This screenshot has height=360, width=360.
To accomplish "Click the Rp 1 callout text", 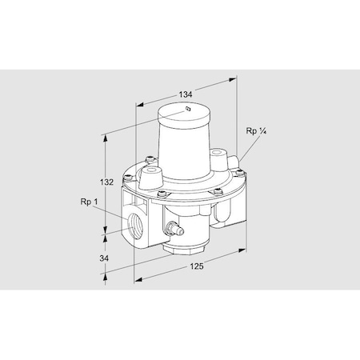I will [x=90, y=203].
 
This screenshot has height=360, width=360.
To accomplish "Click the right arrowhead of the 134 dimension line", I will [x=238, y=79].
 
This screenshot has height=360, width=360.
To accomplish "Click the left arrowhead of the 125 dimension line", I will [x=137, y=280].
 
